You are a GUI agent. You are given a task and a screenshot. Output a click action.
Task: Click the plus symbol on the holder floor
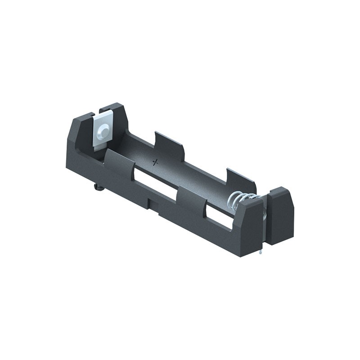156,162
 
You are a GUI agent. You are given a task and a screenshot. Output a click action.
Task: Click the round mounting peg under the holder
99,186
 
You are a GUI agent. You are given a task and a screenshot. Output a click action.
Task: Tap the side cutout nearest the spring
220,216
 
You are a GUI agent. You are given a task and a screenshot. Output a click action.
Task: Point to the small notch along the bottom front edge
153,204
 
